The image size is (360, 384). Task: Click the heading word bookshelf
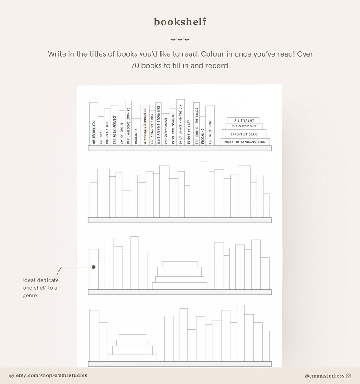(180, 22)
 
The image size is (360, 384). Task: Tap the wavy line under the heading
(180, 39)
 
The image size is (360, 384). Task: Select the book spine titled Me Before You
(93, 124)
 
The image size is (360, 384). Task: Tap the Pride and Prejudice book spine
(173, 127)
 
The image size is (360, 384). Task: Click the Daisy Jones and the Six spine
(180, 122)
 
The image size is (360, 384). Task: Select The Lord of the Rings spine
(196, 124)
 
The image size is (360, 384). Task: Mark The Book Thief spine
(210, 126)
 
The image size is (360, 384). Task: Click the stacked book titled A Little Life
(244, 120)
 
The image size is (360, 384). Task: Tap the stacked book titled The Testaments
(244, 126)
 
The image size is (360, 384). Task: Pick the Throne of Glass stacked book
(244, 134)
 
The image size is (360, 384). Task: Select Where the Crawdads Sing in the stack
(245, 142)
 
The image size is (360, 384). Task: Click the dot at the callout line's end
(93, 267)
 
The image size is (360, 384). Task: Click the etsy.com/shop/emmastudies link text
(51, 375)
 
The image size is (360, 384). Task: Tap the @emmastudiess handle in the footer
(324, 375)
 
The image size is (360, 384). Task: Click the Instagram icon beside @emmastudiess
(349, 375)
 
